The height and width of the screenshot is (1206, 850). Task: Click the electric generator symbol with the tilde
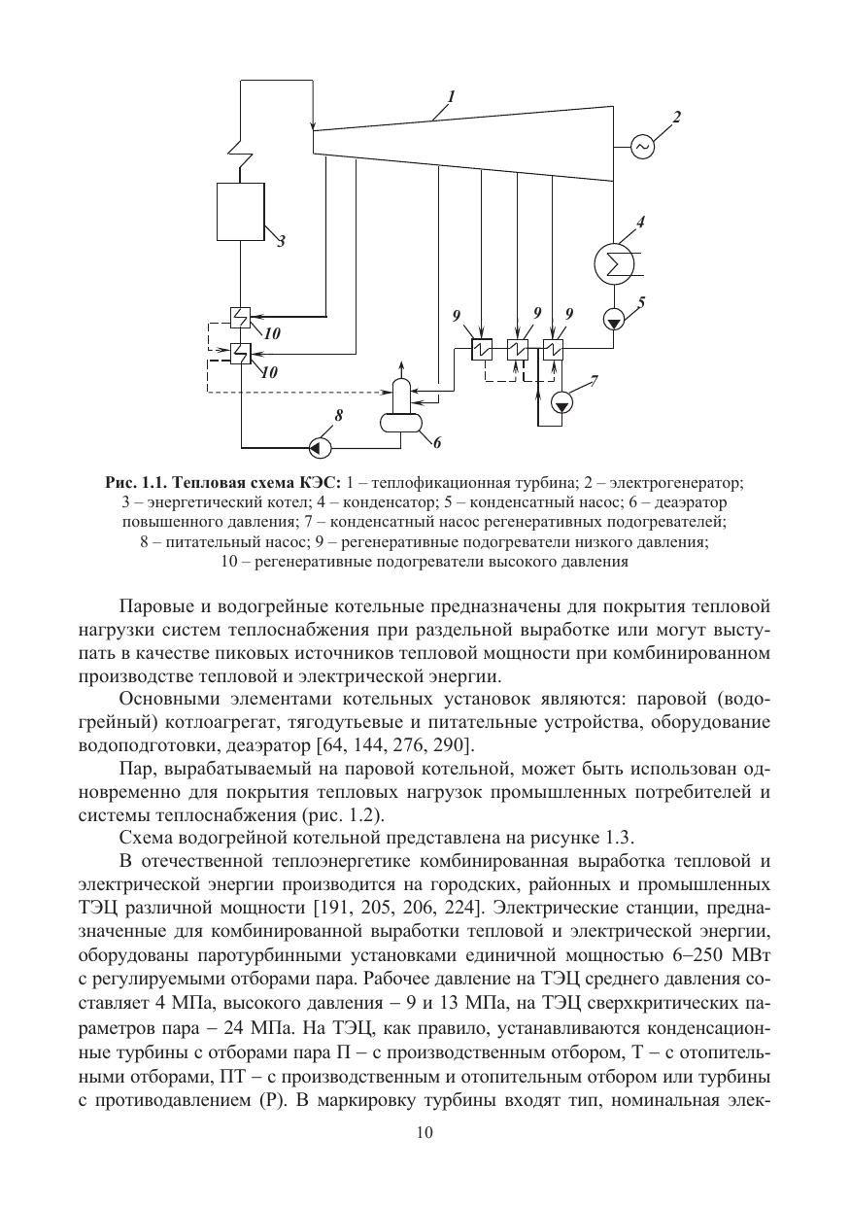(642, 146)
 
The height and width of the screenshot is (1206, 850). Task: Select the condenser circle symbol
(613, 263)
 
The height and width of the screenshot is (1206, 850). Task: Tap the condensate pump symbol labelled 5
(613, 319)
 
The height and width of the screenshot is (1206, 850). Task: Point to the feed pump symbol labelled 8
(318, 448)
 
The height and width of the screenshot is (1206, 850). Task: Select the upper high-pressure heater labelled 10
(240, 317)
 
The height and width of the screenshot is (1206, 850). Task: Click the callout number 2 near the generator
(676, 118)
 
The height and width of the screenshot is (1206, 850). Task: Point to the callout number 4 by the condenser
(640, 222)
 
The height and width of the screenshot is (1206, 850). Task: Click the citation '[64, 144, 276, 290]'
(396, 745)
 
